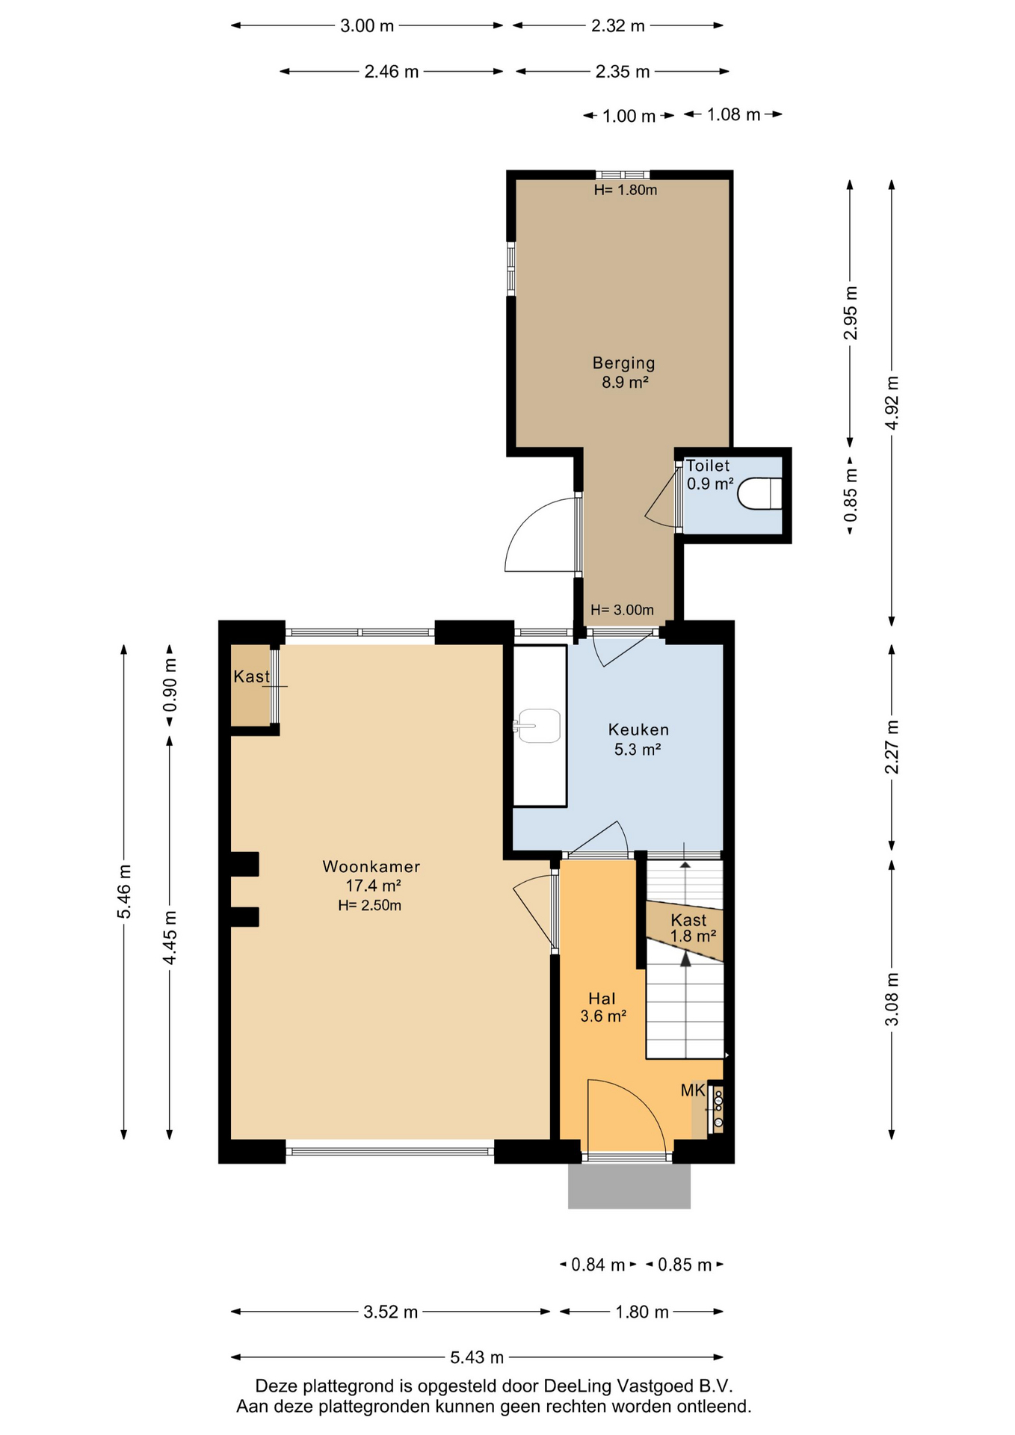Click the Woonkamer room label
click(x=371, y=866)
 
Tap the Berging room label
click(x=623, y=363)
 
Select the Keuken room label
click(x=638, y=729)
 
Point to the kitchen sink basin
click(x=539, y=726)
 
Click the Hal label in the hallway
click(x=602, y=999)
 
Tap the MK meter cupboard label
click(x=693, y=1090)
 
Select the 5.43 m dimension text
click(x=477, y=1357)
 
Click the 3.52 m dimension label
click(x=391, y=1312)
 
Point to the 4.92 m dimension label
click(x=892, y=403)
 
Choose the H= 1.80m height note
click(x=626, y=190)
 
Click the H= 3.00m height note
click(x=622, y=610)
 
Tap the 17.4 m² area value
click(x=373, y=886)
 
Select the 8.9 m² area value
click(x=625, y=383)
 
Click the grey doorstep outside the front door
click(x=629, y=1185)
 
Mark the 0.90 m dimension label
click(x=170, y=685)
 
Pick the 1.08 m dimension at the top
click(x=733, y=114)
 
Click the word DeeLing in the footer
click(x=577, y=1386)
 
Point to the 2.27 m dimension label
click(x=892, y=747)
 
